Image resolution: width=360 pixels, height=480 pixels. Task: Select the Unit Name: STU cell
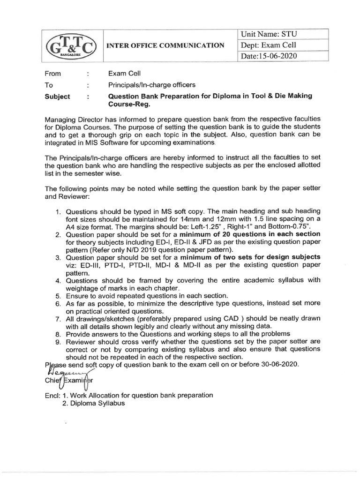(x=269, y=34)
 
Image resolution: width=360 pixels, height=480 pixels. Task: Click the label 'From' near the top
(x=52, y=74)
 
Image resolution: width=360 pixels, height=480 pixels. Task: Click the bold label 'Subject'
(x=57, y=96)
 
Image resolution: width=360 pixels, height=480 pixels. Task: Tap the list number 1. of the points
(x=60, y=211)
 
